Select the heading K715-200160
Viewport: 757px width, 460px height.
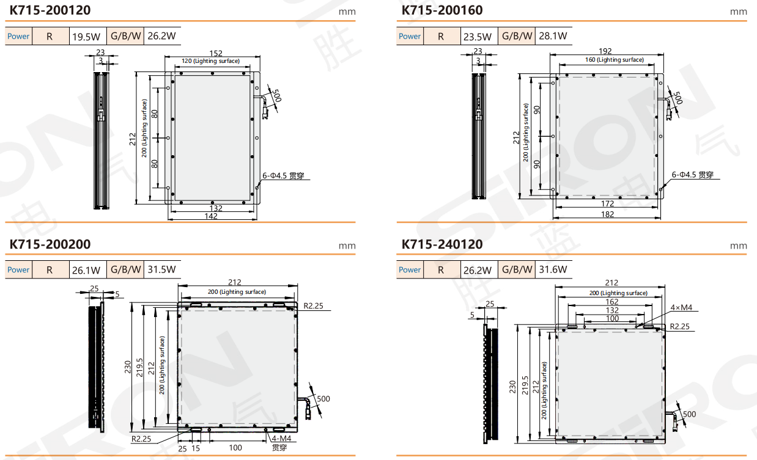pyautogui.click(x=442, y=10)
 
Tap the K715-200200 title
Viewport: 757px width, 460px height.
pyautogui.click(x=50, y=244)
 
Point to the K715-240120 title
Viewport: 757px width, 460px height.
pyautogui.click(x=442, y=244)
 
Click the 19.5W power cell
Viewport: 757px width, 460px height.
pyautogui.click(x=87, y=36)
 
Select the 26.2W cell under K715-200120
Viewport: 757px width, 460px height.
pyautogui.click(x=161, y=36)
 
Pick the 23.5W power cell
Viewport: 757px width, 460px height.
pyautogui.click(x=478, y=36)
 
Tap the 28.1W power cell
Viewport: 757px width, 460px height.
pyautogui.click(x=553, y=36)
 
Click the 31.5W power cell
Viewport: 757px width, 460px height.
pyautogui.click(x=161, y=269)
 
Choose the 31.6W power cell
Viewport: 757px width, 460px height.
pyautogui.click(x=553, y=269)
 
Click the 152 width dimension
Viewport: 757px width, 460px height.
pyautogui.click(x=216, y=54)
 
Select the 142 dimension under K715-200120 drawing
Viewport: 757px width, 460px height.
pyautogui.click(x=211, y=216)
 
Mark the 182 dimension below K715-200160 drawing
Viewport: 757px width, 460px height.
pyautogui.click(x=607, y=214)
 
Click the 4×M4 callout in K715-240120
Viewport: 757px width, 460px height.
pyautogui.click(x=681, y=307)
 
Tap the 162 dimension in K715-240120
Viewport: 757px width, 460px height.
pyautogui.click(x=611, y=302)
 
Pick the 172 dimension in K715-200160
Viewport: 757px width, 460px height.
pyautogui.click(x=607, y=203)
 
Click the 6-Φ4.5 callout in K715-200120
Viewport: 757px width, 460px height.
pyautogui.click(x=283, y=176)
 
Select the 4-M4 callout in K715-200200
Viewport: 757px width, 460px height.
pyautogui.click(x=281, y=438)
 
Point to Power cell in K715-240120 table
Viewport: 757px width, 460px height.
pyautogui.click(x=410, y=269)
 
